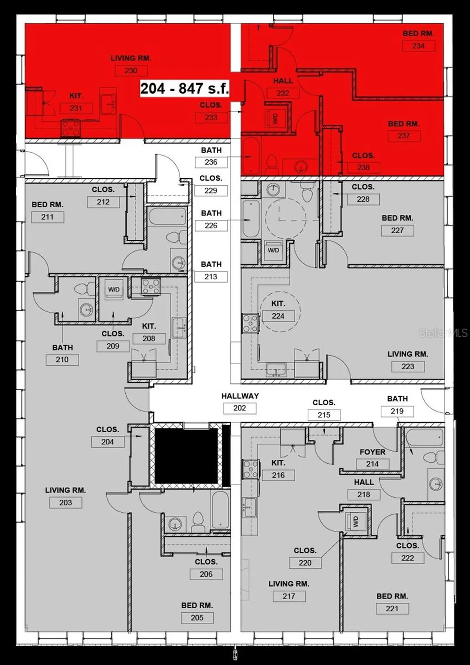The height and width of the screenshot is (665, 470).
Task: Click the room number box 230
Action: (x=131, y=71)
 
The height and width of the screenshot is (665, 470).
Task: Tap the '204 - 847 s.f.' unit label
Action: (x=184, y=89)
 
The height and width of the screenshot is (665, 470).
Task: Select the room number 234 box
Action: (x=418, y=46)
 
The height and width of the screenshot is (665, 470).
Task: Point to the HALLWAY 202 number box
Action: (x=239, y=408)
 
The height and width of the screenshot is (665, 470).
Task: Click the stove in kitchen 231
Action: (x=71, y=127)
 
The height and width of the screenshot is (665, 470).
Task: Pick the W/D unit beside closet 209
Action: (x=114, y=290)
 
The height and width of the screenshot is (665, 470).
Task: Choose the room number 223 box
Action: (x=408, y=366)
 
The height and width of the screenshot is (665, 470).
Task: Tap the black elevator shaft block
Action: (x=186, y=456)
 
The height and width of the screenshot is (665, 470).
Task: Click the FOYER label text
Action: (x=372, y=452)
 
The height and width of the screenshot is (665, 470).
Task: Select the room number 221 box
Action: (x=392, y=609)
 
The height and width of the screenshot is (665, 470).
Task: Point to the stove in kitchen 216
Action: (x=250, y=469)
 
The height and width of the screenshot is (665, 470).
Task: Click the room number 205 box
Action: (x=197, y=618)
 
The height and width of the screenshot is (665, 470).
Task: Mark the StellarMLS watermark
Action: (x=443, y=333)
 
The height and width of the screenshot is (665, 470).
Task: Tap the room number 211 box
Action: (x=47, y=217)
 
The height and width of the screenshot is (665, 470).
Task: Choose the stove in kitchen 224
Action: (x=250, y=323)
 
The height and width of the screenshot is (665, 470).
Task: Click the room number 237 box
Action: (x=404, y=136)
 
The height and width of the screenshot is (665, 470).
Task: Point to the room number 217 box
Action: (x=289, y=596)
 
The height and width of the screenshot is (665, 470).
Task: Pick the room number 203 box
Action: (x=65, y=503)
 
